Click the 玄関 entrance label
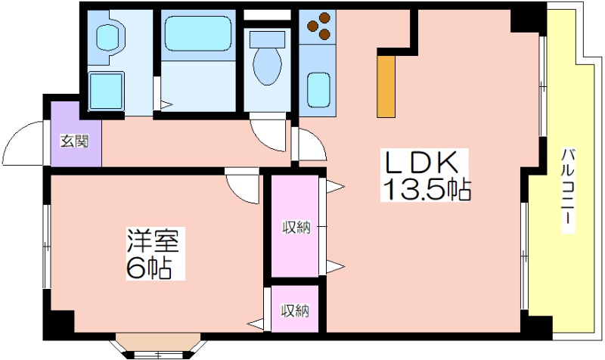pos(74,141)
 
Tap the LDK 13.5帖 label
pos(425,175)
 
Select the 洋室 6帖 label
pos(153,253)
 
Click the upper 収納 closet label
pos(296,227)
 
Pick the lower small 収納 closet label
pos(295,310)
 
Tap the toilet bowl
pos(267,67)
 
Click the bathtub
pos(198,33)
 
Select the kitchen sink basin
pos(318,90)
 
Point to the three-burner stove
pos(318,26)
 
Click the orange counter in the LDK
pos(386,86)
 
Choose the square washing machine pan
pos(106,91)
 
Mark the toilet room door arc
pos(269,136)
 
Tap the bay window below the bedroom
pos(159,346)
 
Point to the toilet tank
pos(267,39)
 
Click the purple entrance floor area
pos(76,135)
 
